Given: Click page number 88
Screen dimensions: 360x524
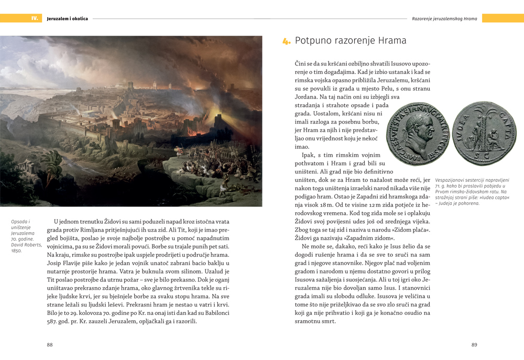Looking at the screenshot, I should (50, 344).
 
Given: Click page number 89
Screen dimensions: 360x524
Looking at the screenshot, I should (474, 344).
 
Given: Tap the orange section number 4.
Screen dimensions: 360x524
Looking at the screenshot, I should (286, 41).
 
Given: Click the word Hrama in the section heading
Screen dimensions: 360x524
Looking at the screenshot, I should (392, 40).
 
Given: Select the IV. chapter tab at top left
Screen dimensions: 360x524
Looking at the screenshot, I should (35, 18).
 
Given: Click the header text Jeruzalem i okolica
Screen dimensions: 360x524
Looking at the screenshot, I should (67, 18).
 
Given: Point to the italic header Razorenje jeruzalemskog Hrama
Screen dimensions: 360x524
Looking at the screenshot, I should (444, 18).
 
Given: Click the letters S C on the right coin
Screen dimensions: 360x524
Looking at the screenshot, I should (484, 157).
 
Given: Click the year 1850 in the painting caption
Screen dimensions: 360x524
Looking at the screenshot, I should (16, 251).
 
